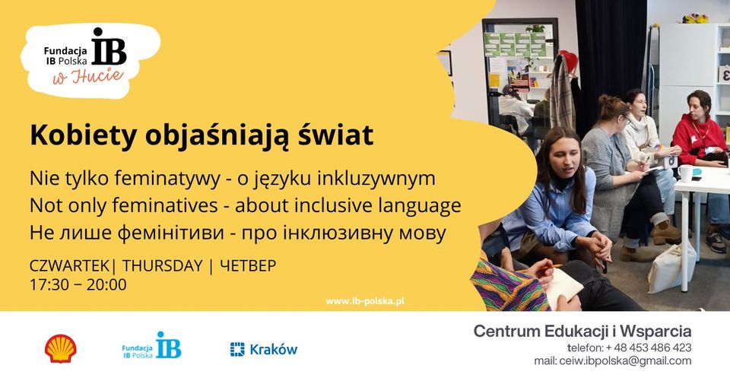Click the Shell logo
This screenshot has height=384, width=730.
pos(60,348)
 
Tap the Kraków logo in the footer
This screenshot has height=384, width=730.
pos(264,349)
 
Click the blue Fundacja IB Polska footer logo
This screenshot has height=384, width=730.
pos(152,346)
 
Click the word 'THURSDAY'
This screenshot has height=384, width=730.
pos(162,266)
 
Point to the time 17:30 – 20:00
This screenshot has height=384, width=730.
pos(78,285)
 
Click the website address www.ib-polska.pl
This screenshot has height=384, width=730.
pos(365,301)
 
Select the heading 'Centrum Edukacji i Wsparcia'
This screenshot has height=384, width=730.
pos(582,331)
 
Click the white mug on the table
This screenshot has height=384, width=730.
pos(686,173)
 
